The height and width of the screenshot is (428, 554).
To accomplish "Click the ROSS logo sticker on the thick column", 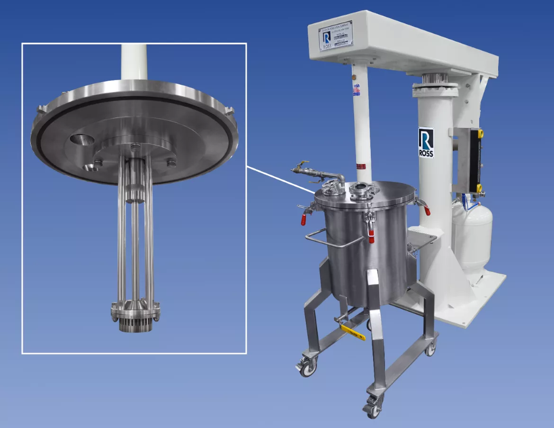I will pos(426,143).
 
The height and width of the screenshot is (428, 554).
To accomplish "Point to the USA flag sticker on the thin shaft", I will pos(356,89).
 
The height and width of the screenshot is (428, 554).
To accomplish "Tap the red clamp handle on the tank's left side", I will pos(304,219).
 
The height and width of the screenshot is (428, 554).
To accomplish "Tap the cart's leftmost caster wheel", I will pos(306,369).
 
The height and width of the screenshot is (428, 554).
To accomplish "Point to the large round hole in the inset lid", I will pos(82,140).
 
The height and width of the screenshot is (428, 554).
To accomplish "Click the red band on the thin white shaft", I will pos(361,166).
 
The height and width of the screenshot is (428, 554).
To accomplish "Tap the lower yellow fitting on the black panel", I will pos(480,189).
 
